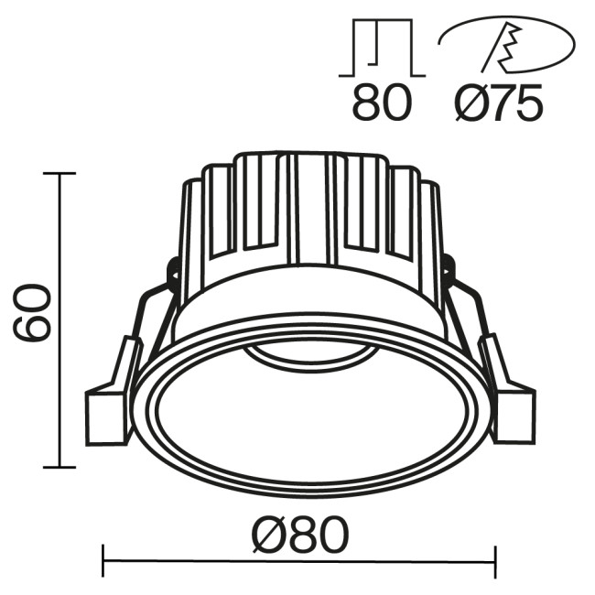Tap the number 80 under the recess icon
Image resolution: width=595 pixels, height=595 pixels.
pyautogui.click(x=381, y=104)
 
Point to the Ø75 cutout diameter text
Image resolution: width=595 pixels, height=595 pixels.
pyautogui.click(x=499, y=104)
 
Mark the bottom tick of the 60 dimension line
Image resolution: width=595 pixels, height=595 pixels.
pyautogui.click(x=59, y=468)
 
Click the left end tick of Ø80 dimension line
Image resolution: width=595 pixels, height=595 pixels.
pyautogui.click(x=103, y=560)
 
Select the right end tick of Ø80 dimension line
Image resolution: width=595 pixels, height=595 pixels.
pyautogui.click(x=495, y=560)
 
